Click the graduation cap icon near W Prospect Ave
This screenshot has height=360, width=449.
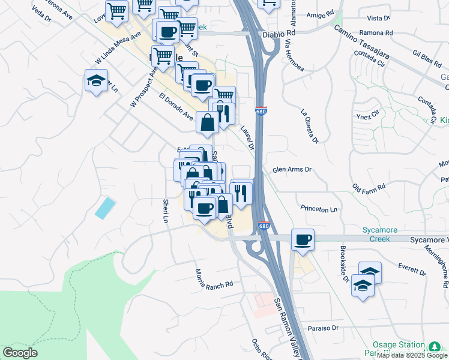[96, 81]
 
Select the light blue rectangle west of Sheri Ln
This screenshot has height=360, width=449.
[106, 208]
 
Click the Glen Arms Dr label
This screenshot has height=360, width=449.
[292, 170]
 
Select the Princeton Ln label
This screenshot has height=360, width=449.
[319, 209]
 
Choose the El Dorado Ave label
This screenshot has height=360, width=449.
[176, 106]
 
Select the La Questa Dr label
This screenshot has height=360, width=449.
[309, 127]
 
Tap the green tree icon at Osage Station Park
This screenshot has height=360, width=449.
[434, 347]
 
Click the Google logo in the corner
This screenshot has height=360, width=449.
[20, 353]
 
